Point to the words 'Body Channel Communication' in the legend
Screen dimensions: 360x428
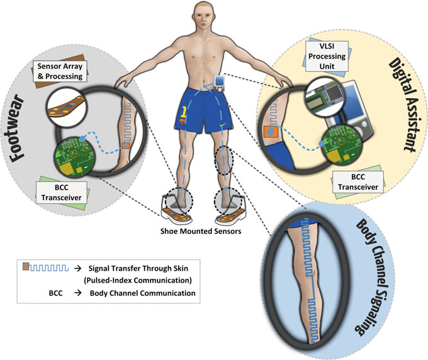coord(157,293)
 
